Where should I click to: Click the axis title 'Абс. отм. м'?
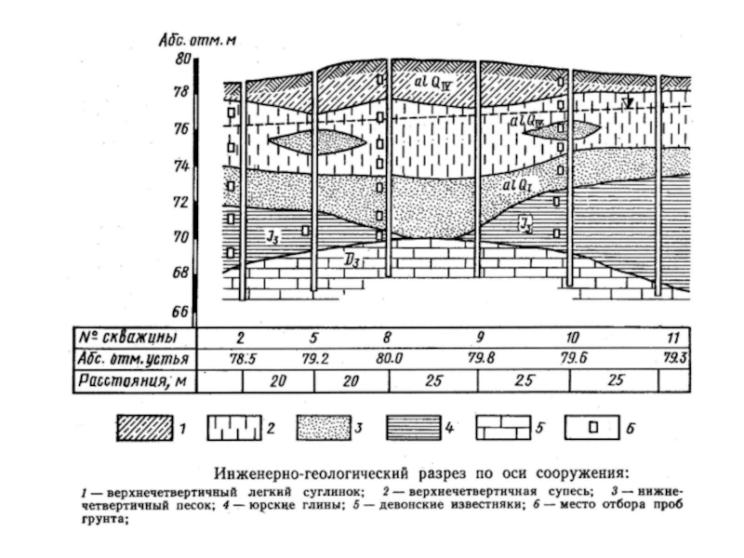coord(198,40)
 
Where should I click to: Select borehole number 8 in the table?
coord(387,336)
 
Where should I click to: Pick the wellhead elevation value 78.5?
coord(242,358)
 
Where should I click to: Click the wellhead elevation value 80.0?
coord(387,358)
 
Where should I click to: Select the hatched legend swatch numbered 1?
coord(144,430)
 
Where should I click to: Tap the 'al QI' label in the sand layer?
coord(516,186)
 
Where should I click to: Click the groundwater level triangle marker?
coord(629,103)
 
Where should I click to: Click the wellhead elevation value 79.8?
coord(477,358)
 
